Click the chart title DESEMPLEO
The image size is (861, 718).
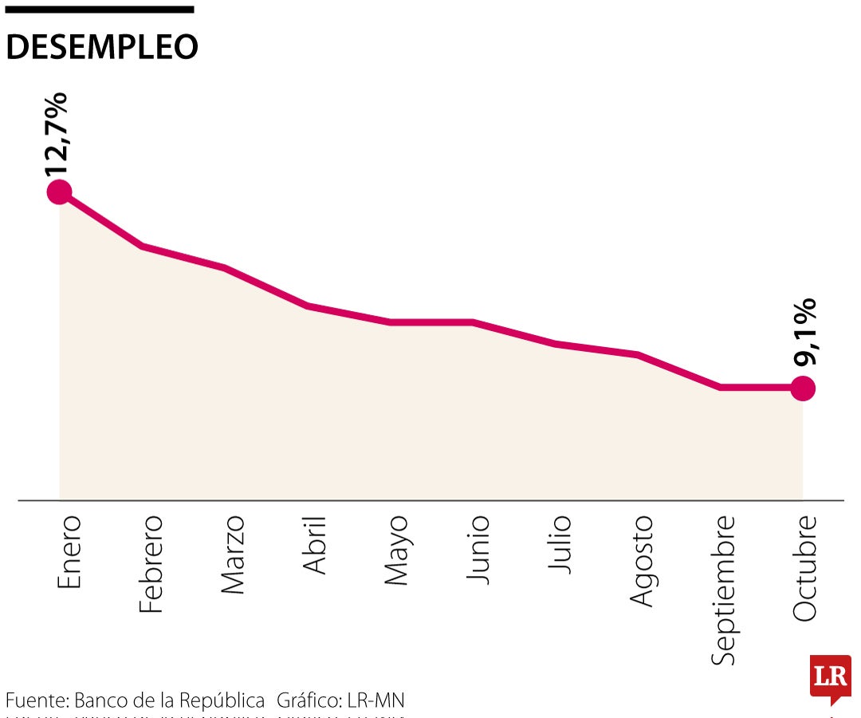[x=102, y=48]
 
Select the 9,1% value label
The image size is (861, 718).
[x=806, y=332]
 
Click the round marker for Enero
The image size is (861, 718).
[x=59, y=191]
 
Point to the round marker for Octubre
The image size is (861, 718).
[x=803, y=389]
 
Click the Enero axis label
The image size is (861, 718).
[x=69, y=552]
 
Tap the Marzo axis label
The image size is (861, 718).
[x=233, y=554]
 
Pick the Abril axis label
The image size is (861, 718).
[x=315, y=545]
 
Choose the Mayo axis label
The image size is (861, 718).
[x=397, y=550]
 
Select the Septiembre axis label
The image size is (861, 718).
[x=724, y=590]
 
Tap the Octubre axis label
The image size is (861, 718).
[x=805, y=567]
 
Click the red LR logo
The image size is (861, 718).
[x=829, y=679]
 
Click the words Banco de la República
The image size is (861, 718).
[x=169, y=701]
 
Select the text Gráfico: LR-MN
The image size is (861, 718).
[x=340, y=701]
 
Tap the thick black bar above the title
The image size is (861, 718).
[x=100, y=10]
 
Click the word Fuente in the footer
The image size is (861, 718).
[x=36, y=701]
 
